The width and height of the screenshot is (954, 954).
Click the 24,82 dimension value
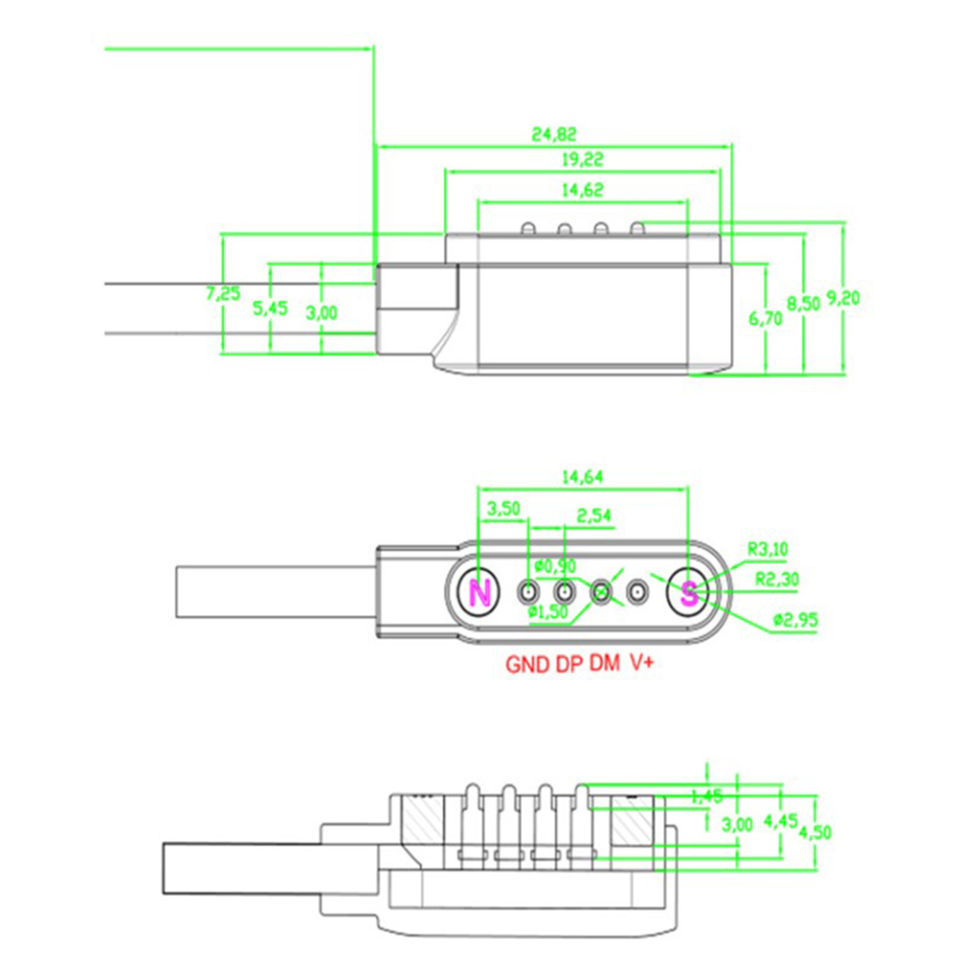pos(554,134)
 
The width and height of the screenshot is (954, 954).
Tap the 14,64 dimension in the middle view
pos(582,476)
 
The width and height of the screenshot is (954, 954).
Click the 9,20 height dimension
pos(843,298)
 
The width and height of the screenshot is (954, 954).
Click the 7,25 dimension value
pos(223,293)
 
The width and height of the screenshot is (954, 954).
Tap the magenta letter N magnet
pos(481,594)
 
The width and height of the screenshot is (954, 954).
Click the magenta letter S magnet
pos(688,593)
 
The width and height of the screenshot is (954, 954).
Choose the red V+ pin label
pos(641,665)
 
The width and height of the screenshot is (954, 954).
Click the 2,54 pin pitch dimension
pos(593,517)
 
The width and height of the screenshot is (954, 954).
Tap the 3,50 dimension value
pos(503,508)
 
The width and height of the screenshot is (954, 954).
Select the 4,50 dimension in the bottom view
pos(815,831)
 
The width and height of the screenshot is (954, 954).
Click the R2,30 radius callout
pos(776,578)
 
